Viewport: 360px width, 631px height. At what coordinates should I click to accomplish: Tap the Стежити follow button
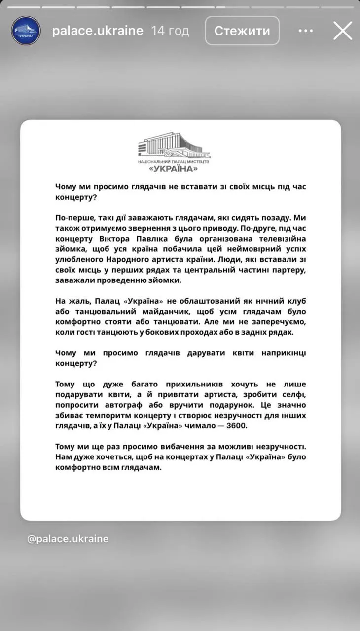pos(242,31)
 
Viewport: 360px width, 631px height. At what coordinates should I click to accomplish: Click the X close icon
pos(343,31)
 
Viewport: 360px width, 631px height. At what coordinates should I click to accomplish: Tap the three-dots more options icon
pos(306,31)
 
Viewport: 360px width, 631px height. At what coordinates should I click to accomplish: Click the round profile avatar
pos(26,31)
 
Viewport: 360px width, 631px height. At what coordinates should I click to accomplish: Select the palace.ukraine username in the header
pos(98,31)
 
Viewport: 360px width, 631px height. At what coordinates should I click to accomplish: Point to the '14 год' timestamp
pos(170,31)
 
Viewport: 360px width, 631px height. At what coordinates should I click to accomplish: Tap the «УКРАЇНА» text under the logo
pos(180,169)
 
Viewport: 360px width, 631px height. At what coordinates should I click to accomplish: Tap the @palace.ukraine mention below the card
pos(68,539)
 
